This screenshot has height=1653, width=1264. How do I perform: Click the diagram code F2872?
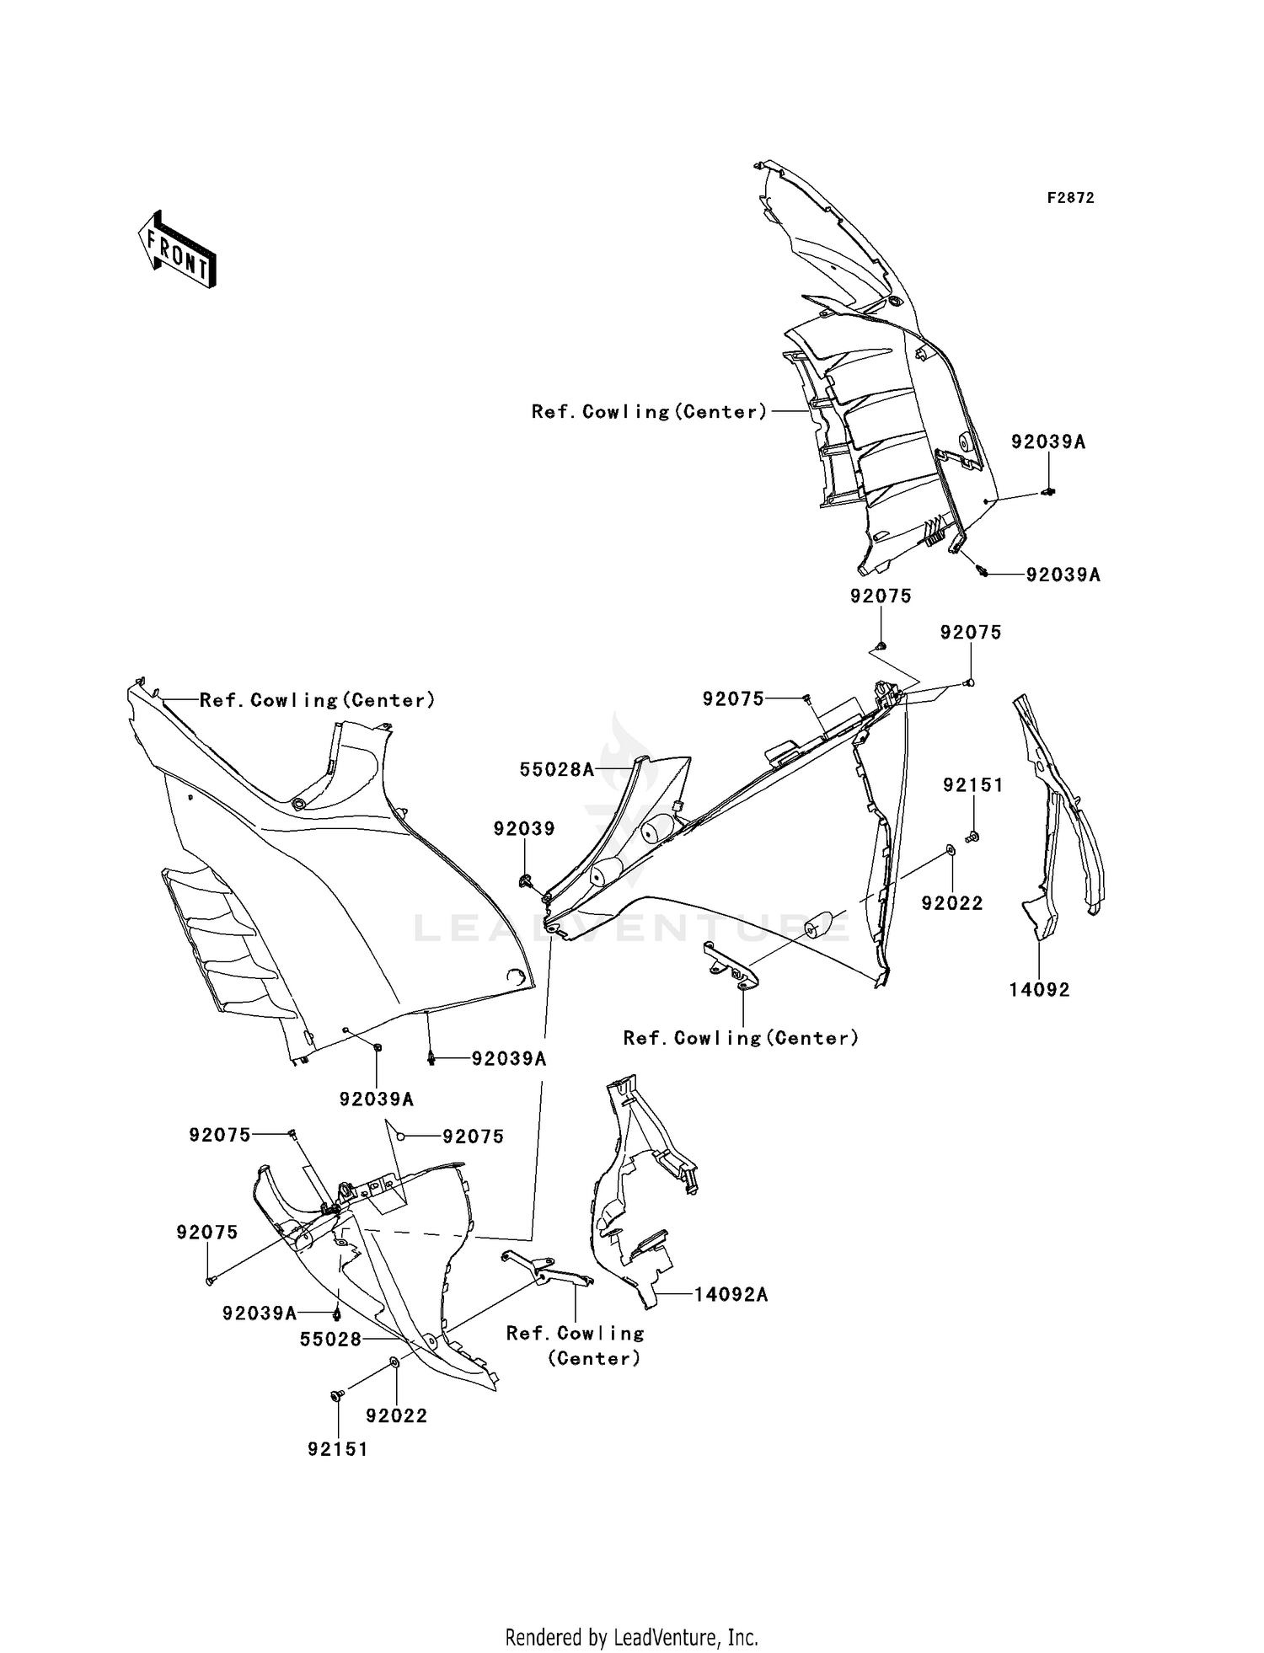click(x=1070, y=198)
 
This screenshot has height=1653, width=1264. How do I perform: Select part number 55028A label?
click(x=557, y=768)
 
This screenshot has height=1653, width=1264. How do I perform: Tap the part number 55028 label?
click(x=330, y=1339)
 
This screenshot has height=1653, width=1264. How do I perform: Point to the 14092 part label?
click(x=1039, y=990)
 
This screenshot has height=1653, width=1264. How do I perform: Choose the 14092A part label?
click(x=731, y=1295)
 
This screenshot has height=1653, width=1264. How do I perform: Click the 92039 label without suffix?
click(x=524, y=829)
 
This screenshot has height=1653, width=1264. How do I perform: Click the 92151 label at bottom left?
click(x=338, y=1449)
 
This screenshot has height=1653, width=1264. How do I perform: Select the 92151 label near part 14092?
click(x=973, y=785)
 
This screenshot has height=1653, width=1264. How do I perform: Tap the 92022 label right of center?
click(x=952, y=903)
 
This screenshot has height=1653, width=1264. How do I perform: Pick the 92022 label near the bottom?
click(x=397, y=1415)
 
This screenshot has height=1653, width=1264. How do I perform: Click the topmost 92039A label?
click(x=1048, y=441)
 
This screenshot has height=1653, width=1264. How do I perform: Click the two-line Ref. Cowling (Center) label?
click(x=576, y=1345)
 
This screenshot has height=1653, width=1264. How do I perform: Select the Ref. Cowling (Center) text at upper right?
click(x=650, y=412)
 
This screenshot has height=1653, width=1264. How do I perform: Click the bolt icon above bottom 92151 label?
click(x=336, y=1396)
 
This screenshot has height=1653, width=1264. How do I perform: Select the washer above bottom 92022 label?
click(x=394, y=1362)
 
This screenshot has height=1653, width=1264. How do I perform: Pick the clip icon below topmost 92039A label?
click(x=1049, y=491)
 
